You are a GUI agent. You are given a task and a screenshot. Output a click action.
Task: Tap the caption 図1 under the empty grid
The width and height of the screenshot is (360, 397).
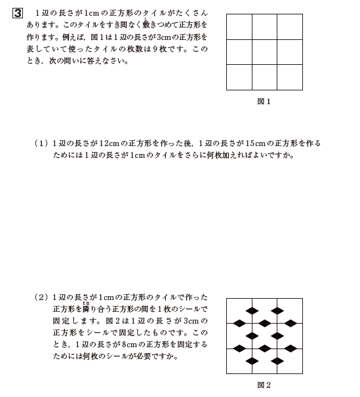(x=264, y=102)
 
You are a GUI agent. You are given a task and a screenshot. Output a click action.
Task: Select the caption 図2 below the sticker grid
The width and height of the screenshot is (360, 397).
(x=264, y=385)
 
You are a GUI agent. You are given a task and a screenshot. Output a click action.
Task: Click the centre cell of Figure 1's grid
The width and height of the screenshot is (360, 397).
(x=264, y=52)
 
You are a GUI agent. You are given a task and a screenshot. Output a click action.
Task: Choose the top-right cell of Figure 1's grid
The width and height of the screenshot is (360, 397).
(x=290, y=27)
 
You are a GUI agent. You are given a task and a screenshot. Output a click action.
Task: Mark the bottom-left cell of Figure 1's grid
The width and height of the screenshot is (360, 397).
(x=239, y=77)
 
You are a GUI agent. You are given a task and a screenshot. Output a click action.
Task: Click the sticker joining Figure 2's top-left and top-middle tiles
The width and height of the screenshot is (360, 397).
(x=252, y=311)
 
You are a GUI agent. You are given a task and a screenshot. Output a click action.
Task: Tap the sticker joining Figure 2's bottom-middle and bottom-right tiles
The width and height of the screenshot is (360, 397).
(x=277, y=361)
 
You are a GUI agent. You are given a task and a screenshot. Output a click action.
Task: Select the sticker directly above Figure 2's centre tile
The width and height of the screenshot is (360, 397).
(x=264, y=323)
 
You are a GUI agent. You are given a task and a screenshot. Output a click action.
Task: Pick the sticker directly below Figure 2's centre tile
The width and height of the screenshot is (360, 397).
(x=264, y=349)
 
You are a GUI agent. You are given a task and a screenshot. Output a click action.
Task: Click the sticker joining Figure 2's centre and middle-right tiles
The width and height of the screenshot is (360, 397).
(x=277, y=336)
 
